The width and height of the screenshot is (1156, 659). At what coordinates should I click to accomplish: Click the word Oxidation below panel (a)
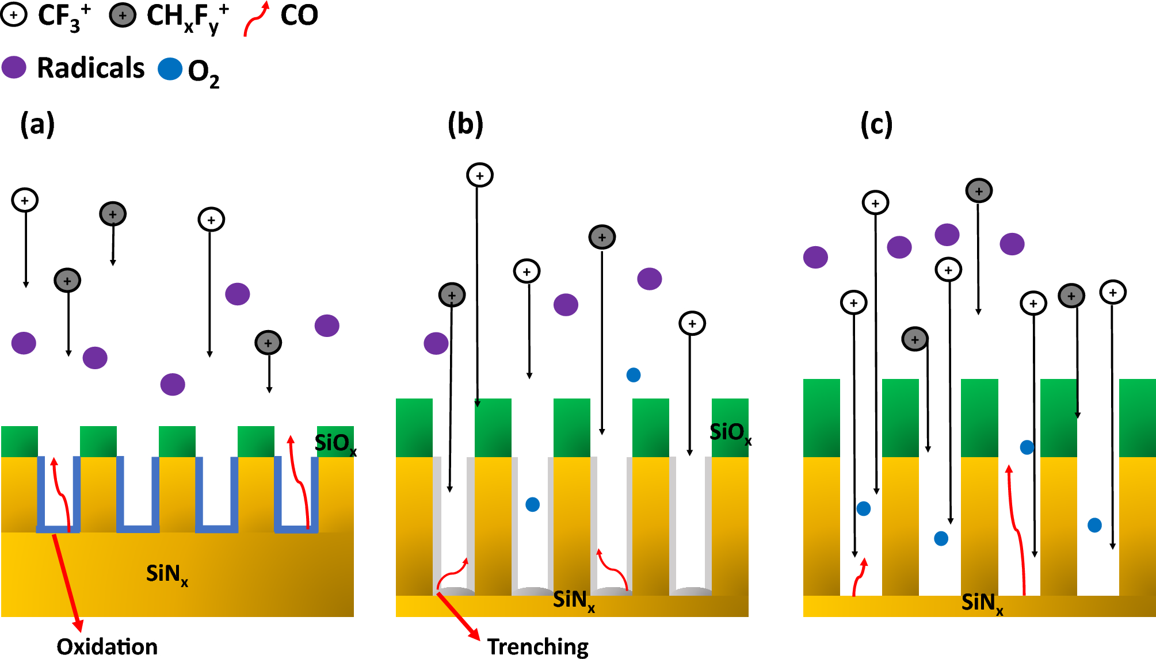pyautogui.click(x=107, y=646)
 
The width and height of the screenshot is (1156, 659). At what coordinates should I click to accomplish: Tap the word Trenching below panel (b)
pyautogui.click(x=537, y=647)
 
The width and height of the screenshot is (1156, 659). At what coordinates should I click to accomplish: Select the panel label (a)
pyautogui.click(x=37, y=124)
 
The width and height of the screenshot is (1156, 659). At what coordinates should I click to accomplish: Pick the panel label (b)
pyautogui.click(x=466, y=124)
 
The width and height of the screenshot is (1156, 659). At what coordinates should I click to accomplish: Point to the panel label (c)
pyautogui.click(x=876, y=124)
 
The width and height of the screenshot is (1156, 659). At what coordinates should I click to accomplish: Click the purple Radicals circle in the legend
pyautogui.click(x=14, y=67)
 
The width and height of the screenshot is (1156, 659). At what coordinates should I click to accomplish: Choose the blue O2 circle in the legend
pyautogui.click(x=170, y=69)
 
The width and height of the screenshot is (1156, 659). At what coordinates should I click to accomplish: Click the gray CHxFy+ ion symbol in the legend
pyautogui.click(x=123, y=16)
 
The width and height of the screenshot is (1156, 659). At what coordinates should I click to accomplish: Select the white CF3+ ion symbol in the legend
pyautogui.click(x=14, y=16)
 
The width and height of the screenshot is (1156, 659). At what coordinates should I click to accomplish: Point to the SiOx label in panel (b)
pyautogui.click(x=730, y=432)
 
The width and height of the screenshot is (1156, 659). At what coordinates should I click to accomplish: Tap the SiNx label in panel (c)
pyautogui.click(x=982, y=603)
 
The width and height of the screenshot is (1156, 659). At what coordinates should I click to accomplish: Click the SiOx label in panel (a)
pyautogui.click(x=335, y=443)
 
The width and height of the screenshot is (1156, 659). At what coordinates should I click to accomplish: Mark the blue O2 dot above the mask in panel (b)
pyautogui.click(x=633, y=375)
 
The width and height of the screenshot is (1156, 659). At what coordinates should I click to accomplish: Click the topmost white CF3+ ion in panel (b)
pyautogui.click(x=480, y=175)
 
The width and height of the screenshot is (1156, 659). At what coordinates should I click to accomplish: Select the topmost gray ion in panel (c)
pyautogui.click(x=979, y=191)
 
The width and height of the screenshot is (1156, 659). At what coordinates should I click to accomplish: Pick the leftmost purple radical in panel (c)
pyautogui.click(x=815, y=257)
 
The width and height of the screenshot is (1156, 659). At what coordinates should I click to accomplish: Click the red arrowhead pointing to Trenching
pyautogui.click(x=475, y=635)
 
